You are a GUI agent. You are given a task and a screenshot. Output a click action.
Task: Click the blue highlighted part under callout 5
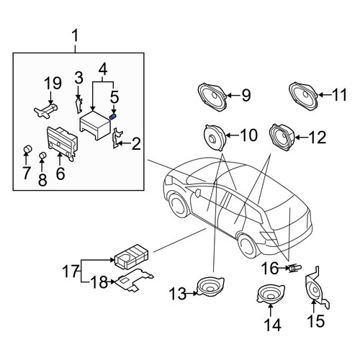pos(112,117)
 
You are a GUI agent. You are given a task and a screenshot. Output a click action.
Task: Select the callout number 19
pos(53,83)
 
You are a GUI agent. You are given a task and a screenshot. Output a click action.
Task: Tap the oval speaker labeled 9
pos(212,96)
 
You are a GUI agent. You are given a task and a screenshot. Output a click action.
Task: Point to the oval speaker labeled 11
pos(304,96)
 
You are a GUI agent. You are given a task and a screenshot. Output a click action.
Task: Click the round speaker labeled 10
pos(215,138)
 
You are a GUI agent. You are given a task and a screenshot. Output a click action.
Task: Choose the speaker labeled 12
pos(282,138)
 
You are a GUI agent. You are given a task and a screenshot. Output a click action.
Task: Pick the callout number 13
pos(178,294)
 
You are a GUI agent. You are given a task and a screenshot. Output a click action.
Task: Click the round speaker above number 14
pos(270,294)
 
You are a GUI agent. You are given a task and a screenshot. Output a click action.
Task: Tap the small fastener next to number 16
pos(294,268)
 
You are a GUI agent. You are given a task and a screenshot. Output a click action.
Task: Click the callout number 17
pos(71,271)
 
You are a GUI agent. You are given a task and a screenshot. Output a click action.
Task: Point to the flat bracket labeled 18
pos(135,280)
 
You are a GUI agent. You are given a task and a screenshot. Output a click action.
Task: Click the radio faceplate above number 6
pos(63,143)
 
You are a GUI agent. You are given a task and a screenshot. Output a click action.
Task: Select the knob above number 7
pos(28,149)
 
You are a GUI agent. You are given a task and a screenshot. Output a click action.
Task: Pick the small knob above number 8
pos(42,156)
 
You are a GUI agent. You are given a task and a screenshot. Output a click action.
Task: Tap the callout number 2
pos(136,144)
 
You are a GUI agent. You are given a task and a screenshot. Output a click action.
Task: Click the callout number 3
pos(78,78)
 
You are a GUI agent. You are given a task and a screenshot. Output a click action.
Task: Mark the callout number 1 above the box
pos(76,36)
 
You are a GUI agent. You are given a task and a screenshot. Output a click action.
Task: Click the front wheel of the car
pos(179,205)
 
